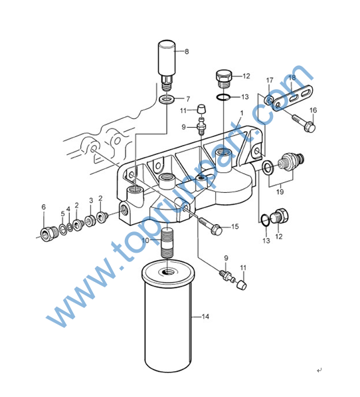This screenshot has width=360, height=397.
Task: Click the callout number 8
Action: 187,52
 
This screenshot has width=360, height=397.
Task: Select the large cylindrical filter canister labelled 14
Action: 167,317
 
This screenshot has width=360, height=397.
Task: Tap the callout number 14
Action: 205,317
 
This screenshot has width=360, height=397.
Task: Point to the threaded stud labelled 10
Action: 167,243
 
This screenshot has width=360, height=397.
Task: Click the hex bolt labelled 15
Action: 211,226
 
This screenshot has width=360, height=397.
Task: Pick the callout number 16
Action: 313,110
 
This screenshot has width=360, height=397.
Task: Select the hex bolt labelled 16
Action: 304,123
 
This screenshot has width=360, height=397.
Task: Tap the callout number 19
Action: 280,192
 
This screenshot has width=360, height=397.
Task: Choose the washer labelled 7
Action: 167,99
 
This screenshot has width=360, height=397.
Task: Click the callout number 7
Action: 187,99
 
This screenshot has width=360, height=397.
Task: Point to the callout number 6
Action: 44,207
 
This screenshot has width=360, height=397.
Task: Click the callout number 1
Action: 241,113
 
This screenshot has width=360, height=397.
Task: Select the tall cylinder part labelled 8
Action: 167,65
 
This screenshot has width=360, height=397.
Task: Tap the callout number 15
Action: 235,226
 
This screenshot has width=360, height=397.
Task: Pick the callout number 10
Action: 145,240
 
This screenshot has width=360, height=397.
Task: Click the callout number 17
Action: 270,80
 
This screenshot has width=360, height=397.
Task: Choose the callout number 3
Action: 91,201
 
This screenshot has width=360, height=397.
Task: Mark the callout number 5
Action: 62,214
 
